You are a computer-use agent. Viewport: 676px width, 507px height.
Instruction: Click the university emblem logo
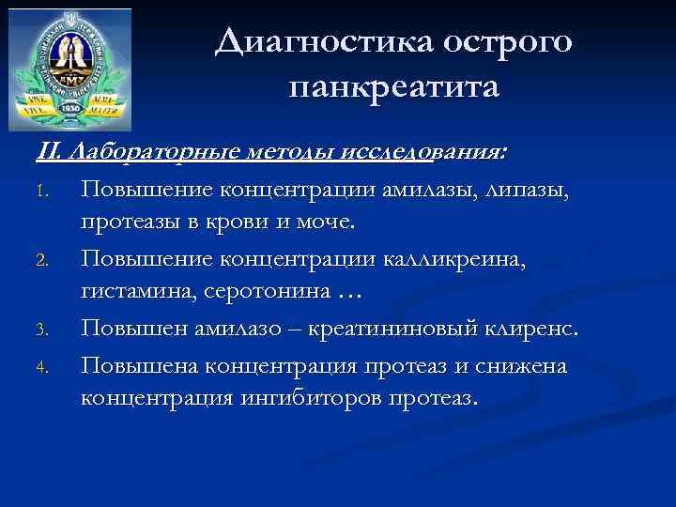click(x=69, y=69)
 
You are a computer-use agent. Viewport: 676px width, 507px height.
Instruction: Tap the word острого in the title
click(x=508, y=42)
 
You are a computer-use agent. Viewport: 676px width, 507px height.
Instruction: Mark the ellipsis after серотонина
click(x=346, y=295)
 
